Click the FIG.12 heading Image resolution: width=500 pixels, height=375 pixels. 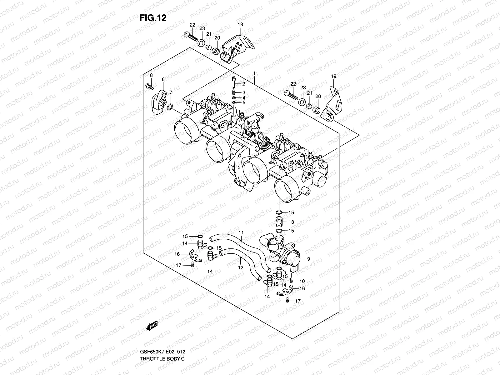pyautogui.click(x=153, y=18)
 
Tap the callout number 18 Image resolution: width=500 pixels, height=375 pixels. pyautogui.click(x=240, y=24)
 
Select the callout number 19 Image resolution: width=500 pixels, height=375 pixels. pyautogui.click(x=333, y=76)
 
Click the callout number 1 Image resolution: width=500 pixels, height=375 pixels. pyautogui.click(x=255, y=74)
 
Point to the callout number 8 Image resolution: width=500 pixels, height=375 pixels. pyautogui.click(x=151, y=75)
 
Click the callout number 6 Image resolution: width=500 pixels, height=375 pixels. pyautogui.click(x=163, y=80)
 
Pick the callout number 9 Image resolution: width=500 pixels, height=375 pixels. pyautogui.click(x=308, y=259)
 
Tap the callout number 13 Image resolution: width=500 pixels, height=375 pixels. pyautogui.click(x=291, y=222)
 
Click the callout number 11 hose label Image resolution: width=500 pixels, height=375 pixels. pyautogui.click(x=241, y=232)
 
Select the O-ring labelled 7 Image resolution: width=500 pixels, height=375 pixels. pyautogui.click(x=170, y=107)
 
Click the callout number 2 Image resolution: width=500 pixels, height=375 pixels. pyautogui.click(x=243, y=84)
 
